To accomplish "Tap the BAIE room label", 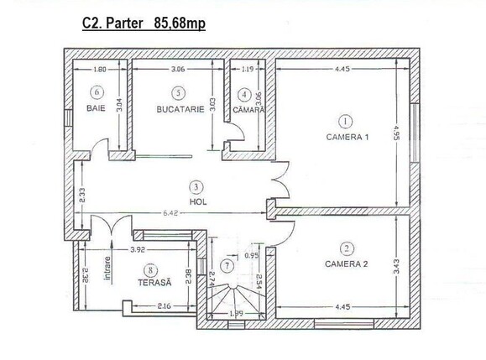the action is (96, 108).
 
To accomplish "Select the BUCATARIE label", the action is (180, 109).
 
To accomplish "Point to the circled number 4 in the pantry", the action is (244, 95).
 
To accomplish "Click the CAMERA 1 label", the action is (348, 137).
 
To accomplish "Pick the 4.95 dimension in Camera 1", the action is (396, 133).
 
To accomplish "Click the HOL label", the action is (198, 202).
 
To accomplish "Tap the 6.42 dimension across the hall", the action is (170, 213).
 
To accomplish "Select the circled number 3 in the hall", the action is (196, 187).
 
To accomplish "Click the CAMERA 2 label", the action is (346, 264).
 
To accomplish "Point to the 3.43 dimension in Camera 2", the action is (396, 267).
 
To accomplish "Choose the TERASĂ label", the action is (154, 283).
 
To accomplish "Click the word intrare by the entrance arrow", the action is (107, 269).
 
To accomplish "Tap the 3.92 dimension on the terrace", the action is (138, 250).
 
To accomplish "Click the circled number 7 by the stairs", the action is (227, 265).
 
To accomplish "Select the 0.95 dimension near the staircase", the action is (251, 256).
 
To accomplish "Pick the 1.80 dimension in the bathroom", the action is (100, 69).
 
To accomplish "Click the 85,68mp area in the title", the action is (180, 23).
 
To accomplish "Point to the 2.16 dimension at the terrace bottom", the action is (164, 306).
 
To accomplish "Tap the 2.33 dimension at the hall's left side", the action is (82, 196).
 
